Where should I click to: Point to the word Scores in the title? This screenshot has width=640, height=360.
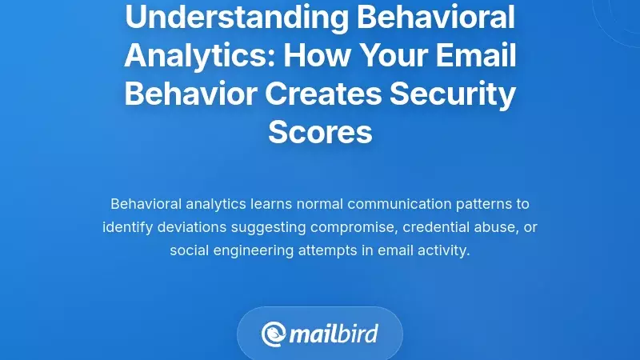coord(320,132)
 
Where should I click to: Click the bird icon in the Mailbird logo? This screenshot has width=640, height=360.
coord(274,333)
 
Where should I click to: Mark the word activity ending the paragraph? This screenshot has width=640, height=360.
coord(444,250)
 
